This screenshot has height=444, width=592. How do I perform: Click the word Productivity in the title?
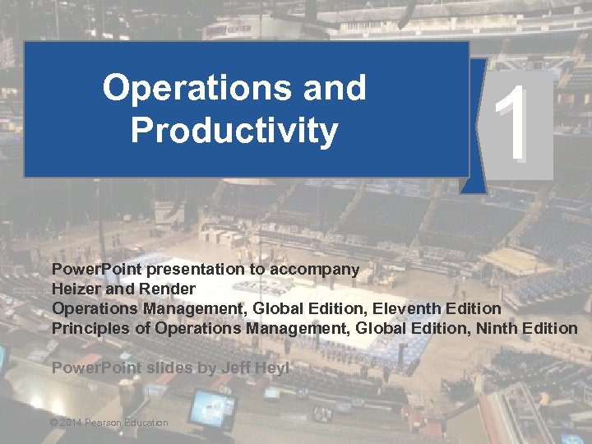point(234,131)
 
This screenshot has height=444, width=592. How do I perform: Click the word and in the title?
point(335,88)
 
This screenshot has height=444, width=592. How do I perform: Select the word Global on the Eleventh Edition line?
point(282,308)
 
